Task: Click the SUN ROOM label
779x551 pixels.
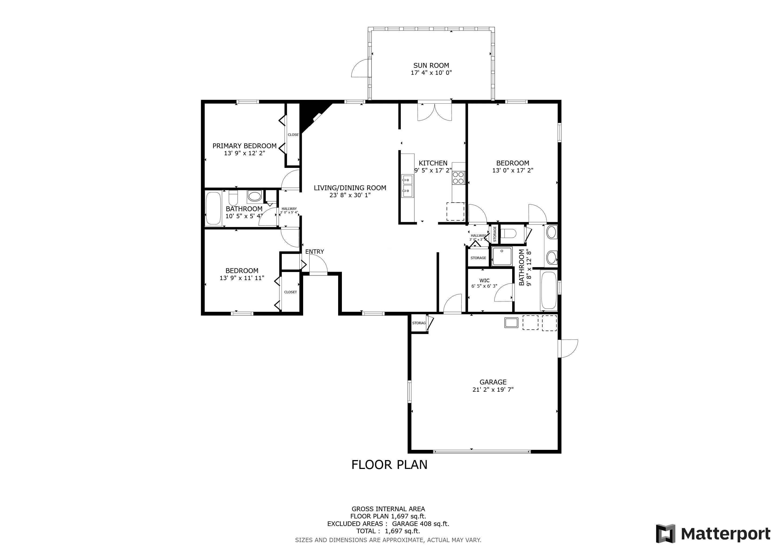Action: [x=431, y=65]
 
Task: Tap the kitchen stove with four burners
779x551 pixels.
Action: [x=458, y=178]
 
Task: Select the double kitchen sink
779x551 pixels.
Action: [x=407, y=186]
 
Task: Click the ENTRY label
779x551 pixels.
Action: [x=314, y=251]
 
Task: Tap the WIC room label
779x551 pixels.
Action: [x=484, y=280]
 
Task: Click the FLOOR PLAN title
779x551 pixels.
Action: [x=389, y=464]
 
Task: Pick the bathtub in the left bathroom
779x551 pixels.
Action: [x=213, y=208]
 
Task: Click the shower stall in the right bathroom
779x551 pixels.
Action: [x=502, y=256]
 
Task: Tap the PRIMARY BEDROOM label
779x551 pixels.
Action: [x=244, y=146]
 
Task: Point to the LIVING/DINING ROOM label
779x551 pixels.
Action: [x=350, y=188]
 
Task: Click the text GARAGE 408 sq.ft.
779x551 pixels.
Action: [x=420, y=524]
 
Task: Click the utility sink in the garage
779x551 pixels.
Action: [x=511, y=322]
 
